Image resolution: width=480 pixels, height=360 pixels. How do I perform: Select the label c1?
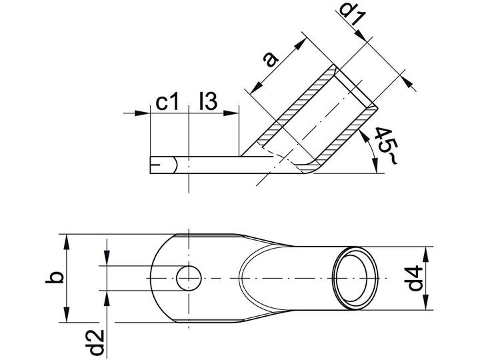click(x=167, y=102)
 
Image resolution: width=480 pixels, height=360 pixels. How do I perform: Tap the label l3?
click(x=208, y=101)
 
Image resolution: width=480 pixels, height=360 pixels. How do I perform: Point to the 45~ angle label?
click(x=386, y=146)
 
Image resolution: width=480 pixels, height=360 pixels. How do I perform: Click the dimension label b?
click(x=55, y=277)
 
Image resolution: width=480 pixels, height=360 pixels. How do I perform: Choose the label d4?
click(x=415, y=279)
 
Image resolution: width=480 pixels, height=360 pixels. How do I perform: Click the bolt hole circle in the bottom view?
click(x=189, y=278)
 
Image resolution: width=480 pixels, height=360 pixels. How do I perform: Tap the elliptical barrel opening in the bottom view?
click(x=355, y=278)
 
